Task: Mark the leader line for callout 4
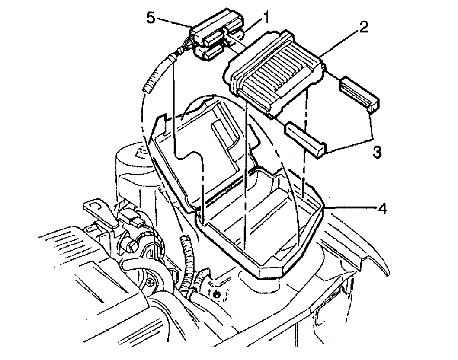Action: point(350,208)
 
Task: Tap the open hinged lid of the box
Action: point(203,143)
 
